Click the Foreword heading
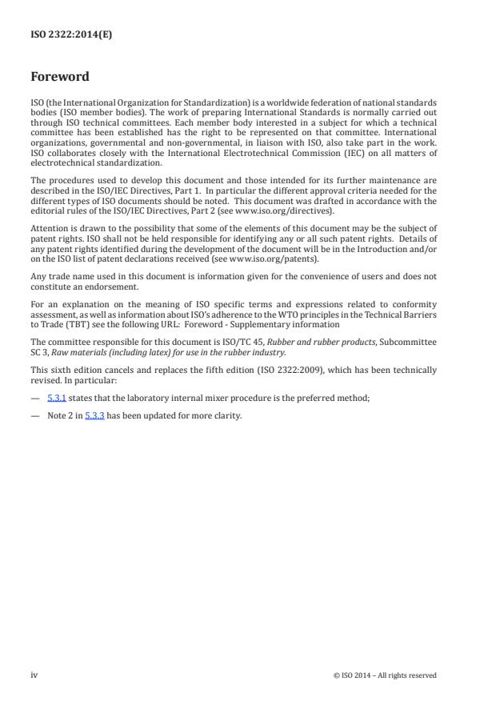[x=60, y=78]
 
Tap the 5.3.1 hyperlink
[x=56, y=398]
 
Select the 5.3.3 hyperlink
[x=94, y=416]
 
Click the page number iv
[x=34, y=675]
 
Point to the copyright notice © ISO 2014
[x=385, y=675]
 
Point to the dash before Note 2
[x=35, y=416]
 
